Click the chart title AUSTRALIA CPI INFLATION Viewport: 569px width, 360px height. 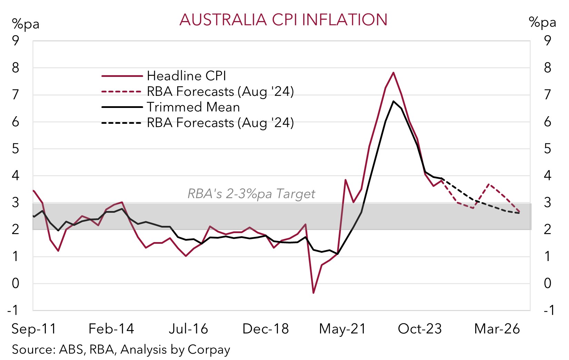click(283, 20)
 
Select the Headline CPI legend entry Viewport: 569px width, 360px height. click(186, 76)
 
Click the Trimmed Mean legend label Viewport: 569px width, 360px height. click(193, 107)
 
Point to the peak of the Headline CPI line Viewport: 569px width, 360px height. click(393, 73)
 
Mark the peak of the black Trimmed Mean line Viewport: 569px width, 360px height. click(393, 101)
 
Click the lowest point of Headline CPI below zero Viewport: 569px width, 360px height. click(313, 293)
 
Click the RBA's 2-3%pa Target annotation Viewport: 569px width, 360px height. click(251, 194)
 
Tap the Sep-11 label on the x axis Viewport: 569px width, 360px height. click(34, 329)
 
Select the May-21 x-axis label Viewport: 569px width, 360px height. click(342, 329)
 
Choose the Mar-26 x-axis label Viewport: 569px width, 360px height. click(497, 329)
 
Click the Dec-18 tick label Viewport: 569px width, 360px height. click(266, 329)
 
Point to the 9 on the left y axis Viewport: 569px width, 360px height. click(16, 41)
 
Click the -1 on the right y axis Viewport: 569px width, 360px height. click(549, 310)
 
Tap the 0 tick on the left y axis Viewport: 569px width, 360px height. click(16, 283)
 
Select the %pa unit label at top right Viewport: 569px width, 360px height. click(542, 22)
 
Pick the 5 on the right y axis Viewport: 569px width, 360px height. click(548, 149)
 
